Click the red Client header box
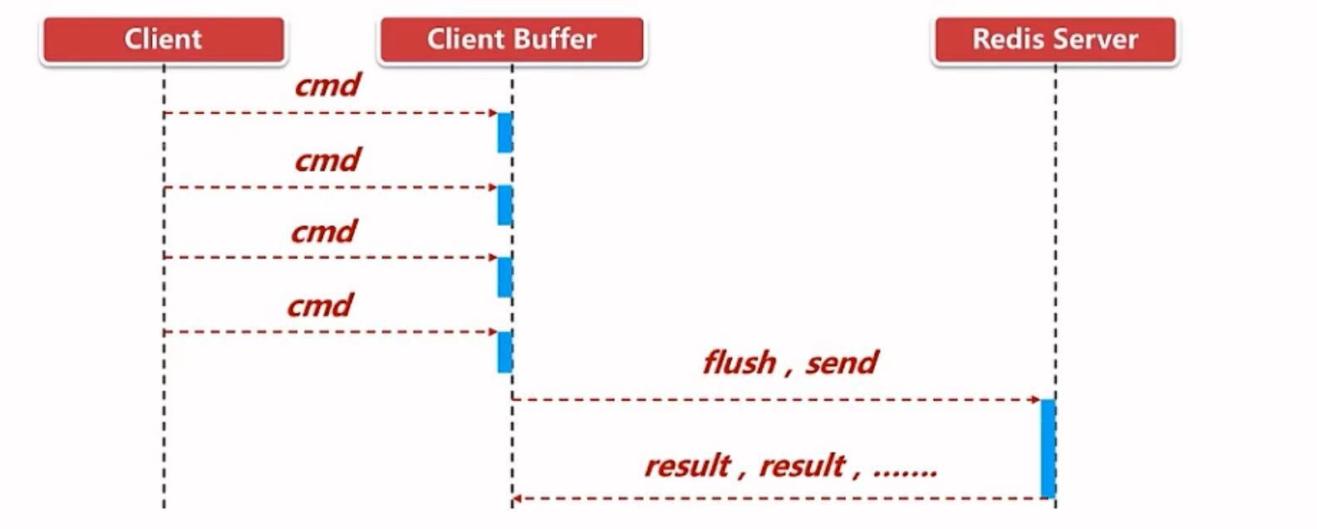pyautogui.click(x=163, y=40)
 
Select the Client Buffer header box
pyautogui.click(x=511, y=40)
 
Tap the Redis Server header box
pyautogui.click(x=1054, y=40)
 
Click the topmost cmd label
pyautogui.click(x=327, y=86)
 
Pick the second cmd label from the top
pyautogui.click(x=327, y=159)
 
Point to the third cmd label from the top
pyautogui.click(x=323, y=231)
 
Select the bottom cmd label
pyautogui.click(x=320, y=306)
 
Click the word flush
pyautogui.click(x=739, y=363)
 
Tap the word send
pyautogui.click(x=841, y=363)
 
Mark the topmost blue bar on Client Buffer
pyautogui.click(x=504, y=133)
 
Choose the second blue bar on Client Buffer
pyautogui.click(x=504, y=205)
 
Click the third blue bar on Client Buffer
pyautogui.click(x=504, y=277)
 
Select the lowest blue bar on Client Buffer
pyautogui.click(x=504, y=351)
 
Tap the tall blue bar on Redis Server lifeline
pyautogui.click(x=1048, y=448)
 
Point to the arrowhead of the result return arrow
pyautogui.click(x=517, y=499)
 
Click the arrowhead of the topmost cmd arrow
pyautogui.click(x=493, y=113)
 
